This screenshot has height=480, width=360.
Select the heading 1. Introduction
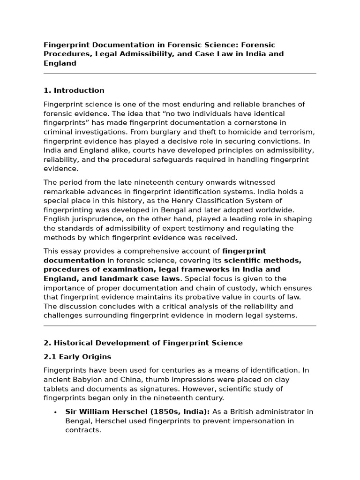(74, 90)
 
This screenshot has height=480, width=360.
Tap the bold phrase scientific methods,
(262, 260)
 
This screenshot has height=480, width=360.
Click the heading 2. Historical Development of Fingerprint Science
(143, 343)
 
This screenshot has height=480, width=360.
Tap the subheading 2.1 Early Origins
(77, 357)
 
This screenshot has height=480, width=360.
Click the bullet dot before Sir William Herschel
(56, 412)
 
